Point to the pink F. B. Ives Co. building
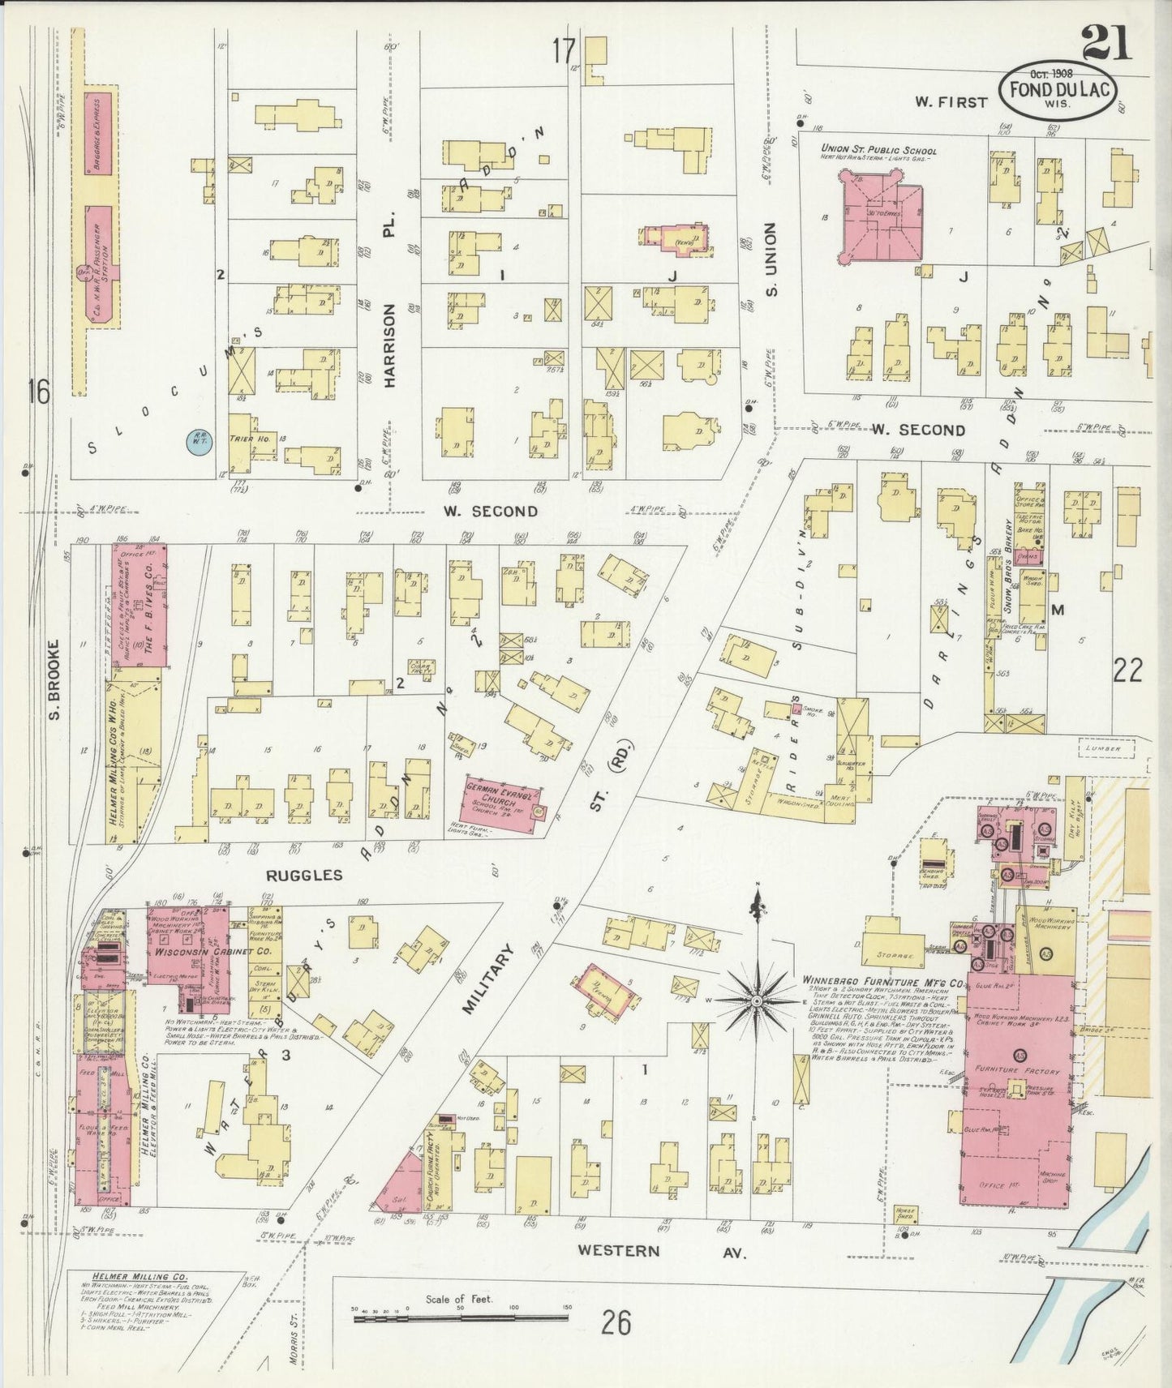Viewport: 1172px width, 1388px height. [140, 604]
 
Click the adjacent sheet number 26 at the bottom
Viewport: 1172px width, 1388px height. [616, 1324]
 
